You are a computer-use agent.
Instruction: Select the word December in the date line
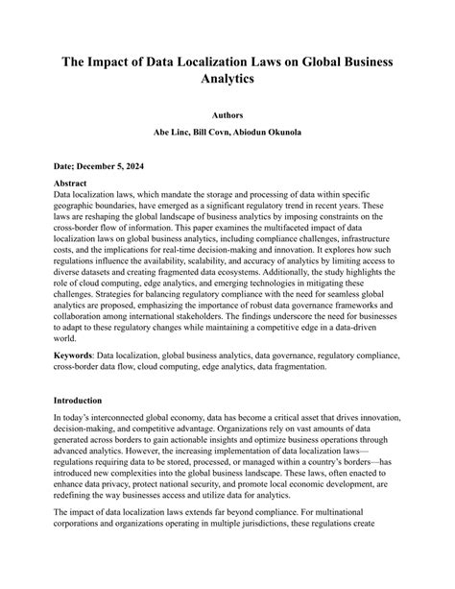102,164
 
